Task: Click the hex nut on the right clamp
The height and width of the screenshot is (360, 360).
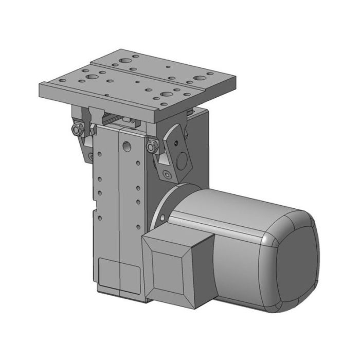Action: point(151,148)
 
